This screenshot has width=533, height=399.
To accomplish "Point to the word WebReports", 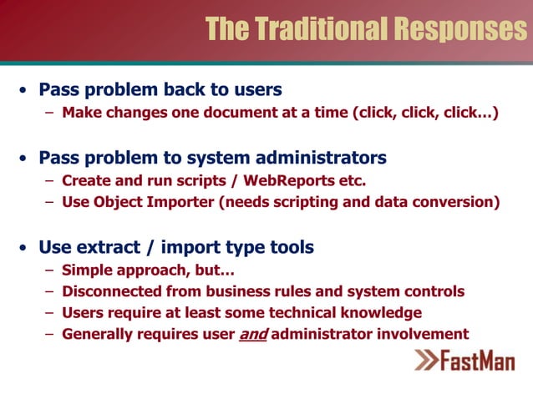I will tap(284, 180).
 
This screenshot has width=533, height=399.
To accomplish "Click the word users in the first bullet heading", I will tap(256, 89).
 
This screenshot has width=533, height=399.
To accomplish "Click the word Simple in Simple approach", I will tap(89, 270).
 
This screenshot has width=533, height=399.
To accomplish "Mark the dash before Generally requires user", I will tap(51, 335).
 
